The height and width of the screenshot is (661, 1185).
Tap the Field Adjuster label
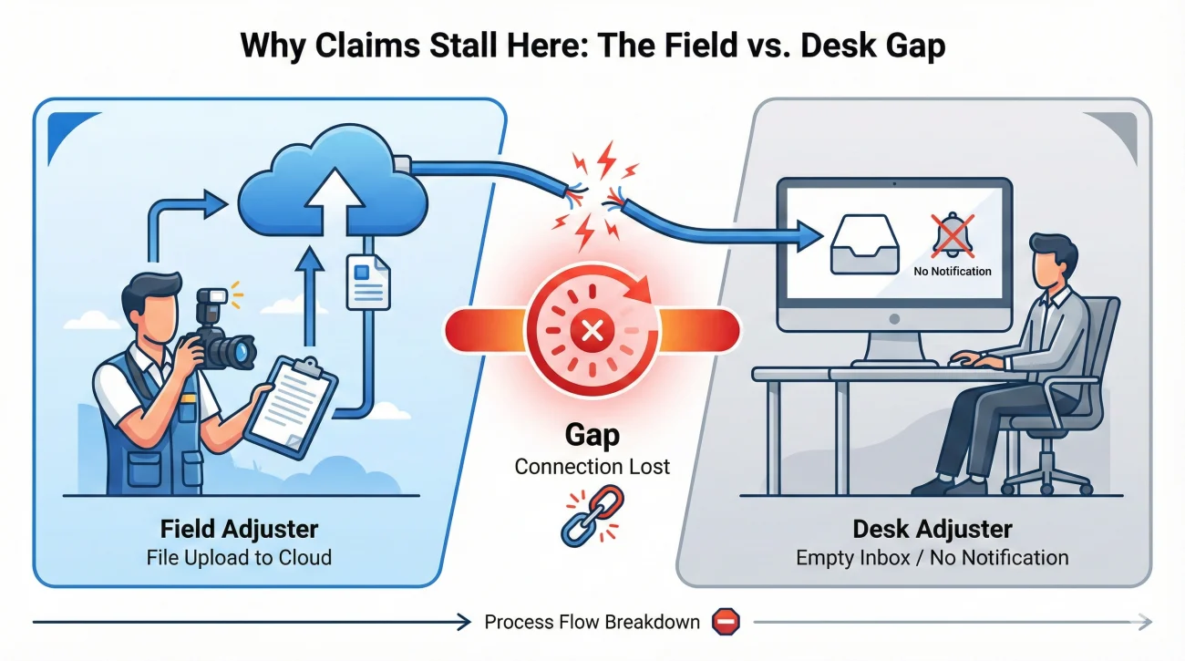pyautogui.click(x=239, y=529)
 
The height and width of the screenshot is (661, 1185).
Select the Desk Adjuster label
pyautogui.click(x=932, y=529)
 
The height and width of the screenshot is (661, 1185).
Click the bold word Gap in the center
pyautogui.click(x=592, y=435)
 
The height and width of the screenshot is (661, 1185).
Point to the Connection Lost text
pyautogui.click(x=592, y=467)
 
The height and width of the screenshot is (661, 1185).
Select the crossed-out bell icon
pyautogui.click(x=953, y=236)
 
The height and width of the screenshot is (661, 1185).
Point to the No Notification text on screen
pyautogui.click(x=953, y=271)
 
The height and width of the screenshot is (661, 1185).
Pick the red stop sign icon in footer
pyautogui.click(x=726, y=622)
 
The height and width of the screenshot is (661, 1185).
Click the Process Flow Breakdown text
pyautogui.click(x=592, y=623)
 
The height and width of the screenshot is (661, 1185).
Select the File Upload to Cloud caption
pyautogui.click(x=239, y=557)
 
